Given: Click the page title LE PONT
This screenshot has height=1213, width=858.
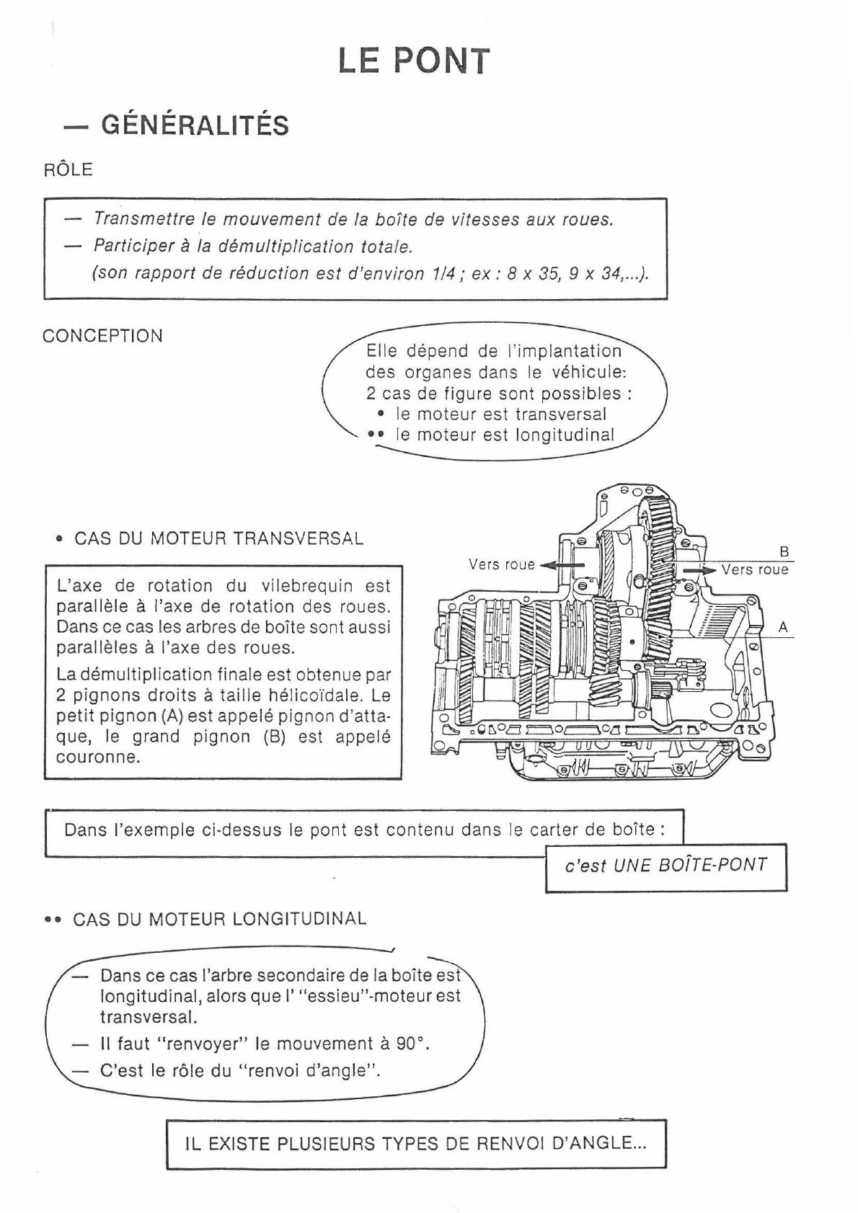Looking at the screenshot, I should coord(414,61).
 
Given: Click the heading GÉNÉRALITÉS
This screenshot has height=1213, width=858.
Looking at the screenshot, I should coord(195,125).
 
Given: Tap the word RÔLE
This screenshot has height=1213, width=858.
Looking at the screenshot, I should coord(68,170).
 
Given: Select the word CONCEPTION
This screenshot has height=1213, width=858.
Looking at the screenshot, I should coord(102,336).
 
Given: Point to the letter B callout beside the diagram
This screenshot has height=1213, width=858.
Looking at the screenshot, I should coord(784,553).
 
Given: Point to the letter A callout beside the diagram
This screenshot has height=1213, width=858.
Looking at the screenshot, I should coord(784,628).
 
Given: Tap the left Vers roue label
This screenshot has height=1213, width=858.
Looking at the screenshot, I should coord(502,564).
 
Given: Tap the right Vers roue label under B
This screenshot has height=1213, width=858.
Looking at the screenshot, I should coord(755,570).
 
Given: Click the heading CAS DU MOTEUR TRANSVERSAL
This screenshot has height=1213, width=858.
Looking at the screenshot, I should coord(218,539).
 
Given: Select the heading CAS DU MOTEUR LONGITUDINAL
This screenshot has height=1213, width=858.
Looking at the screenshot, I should coord(219,919).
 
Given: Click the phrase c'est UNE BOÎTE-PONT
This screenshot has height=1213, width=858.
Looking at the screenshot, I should coord(665,866).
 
